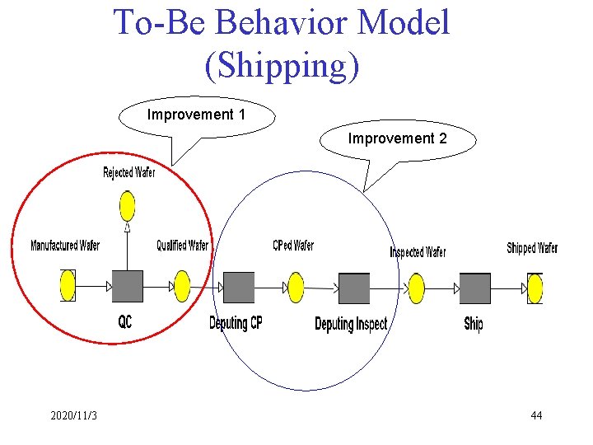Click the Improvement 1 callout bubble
coord(196,115)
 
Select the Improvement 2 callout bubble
coord(397,138)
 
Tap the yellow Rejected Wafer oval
coord(127,206)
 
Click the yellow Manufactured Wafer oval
coord(68,286)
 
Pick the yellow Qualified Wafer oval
coord(182,287)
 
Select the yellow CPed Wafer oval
coord(296,288)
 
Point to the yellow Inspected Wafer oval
coord(417,288)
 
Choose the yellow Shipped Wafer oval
coord(535,288)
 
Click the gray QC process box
coord(127,286)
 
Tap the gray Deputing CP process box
coord(239,288)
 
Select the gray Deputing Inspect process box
coord(354,288)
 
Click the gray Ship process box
coord(474,288)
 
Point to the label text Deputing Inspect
coord(351,324)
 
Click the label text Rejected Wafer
coord(128,172)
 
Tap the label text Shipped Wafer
coord(532,248)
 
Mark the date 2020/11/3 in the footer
coord(73,415)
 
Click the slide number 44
coord(536,415)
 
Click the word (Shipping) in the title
coord(282,66)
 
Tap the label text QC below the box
coord(124,322)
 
